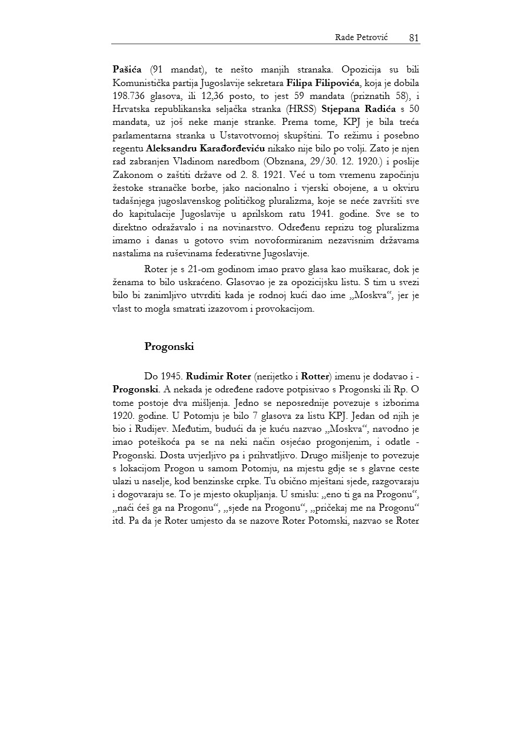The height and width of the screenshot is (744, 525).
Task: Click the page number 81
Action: [413, 38]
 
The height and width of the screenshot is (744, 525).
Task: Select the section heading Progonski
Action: [169, 346]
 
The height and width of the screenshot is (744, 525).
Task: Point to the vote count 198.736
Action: [131, 95]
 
